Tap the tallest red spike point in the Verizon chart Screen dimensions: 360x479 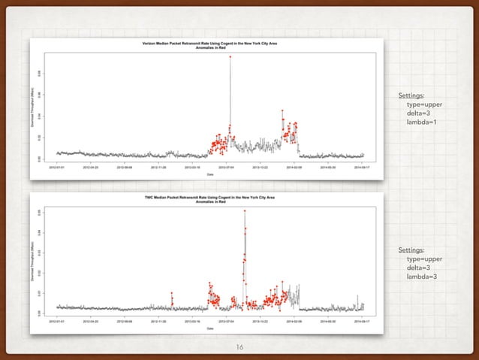(x=230, y=56)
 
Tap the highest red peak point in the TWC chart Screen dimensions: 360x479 (x=245, y=211)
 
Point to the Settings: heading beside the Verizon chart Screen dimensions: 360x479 (x=411, y=95)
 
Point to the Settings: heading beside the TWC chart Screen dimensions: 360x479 (x=411, y=250)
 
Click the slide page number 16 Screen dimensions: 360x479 (x=239, y=346)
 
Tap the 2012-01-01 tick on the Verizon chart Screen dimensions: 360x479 (x=57, y=168)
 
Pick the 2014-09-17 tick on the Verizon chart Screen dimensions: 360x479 (x=363, y=168)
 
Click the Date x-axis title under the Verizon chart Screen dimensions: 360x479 (x=209, y=174)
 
